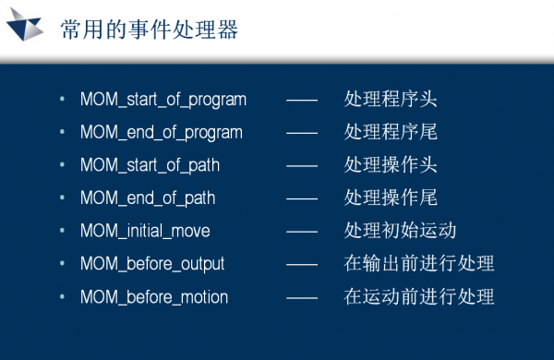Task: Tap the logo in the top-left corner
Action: click(x=26, y=30)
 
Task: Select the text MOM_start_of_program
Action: click(x=163, y=100)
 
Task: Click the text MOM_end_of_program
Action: click(x=162, y=133)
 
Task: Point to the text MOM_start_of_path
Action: click(x=150, y=165)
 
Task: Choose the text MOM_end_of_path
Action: click(x=148, y=198)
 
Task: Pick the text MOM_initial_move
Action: click(x=145, y=231)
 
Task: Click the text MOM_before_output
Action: click(x=152, y=264)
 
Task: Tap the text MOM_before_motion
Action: click(x=154, y=297)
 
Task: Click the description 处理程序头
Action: click(x=391, y=99)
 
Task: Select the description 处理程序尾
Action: click(x=391, y=132)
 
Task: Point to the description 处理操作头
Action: click(x=391, y=165)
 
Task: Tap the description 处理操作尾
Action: click(x=391, y=198)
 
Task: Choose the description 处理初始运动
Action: click(x=400, y=231)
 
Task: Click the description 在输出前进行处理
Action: click(x=419, y=264)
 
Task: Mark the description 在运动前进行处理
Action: click(x=419, y=296)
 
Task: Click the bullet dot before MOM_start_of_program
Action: click(x=62, y=100)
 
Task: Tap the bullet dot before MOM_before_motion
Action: click(x=62, y=297)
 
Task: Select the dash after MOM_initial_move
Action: click(x=302, y=232)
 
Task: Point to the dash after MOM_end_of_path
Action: click(x=302, y=198)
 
